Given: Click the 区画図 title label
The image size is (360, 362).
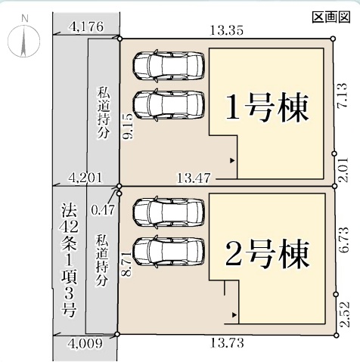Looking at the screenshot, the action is tap(331, 17).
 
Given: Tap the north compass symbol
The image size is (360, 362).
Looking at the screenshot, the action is tap(23, 41).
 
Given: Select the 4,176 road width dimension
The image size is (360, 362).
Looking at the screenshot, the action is tap(86, 26).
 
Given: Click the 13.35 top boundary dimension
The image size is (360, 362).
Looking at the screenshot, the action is tap(227, 30).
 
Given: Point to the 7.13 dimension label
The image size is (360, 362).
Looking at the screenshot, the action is tap(342, 96).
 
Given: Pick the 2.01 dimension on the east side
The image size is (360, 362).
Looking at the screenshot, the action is tap(343, 169).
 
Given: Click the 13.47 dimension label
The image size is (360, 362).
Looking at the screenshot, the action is tap(194, 178).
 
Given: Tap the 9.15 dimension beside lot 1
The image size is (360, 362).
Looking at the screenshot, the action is tap(128, 126).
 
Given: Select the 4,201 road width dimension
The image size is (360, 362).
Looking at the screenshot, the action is tap(85, 178).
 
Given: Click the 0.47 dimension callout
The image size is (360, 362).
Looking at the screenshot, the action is tap(103, 209).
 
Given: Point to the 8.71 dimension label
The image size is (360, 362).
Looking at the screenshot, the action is tap(128, 265).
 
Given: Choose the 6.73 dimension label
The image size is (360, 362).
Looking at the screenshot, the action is tap(344, 240).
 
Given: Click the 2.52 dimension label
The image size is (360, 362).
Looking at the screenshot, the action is tap(345, 314).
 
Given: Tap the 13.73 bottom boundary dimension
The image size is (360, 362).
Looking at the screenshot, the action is tap(227, 343).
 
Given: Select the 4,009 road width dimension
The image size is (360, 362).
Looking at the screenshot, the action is tap(86, 343).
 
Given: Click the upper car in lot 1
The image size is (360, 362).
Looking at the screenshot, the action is tap(169, 65).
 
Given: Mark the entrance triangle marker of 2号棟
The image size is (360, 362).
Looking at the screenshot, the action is tap(234, 314).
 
